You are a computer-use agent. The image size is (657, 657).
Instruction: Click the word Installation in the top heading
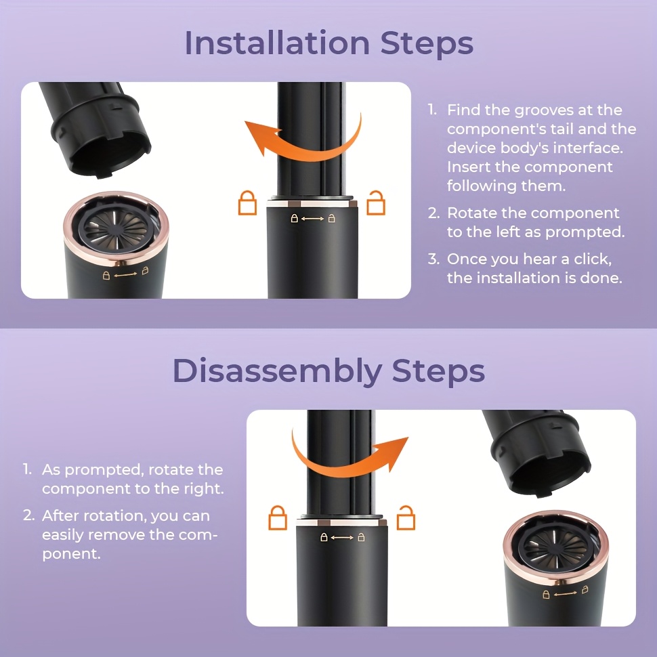(277, 43)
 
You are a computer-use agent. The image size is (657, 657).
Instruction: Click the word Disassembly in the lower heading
(278, 371)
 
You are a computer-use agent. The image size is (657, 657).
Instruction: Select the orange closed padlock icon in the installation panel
(247, 203)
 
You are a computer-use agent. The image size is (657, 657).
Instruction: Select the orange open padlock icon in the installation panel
(376, 203)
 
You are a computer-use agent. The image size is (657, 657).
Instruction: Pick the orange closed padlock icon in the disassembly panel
(278, 518)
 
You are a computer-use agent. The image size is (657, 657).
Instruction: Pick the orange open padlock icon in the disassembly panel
(406, 518)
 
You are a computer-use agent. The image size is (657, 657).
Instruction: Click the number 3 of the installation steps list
(433, 259)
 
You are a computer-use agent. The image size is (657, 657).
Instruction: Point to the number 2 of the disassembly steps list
(28, 516)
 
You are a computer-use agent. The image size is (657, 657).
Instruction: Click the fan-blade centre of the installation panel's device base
(116, 229)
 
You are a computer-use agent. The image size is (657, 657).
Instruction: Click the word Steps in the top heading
(427, 43)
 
